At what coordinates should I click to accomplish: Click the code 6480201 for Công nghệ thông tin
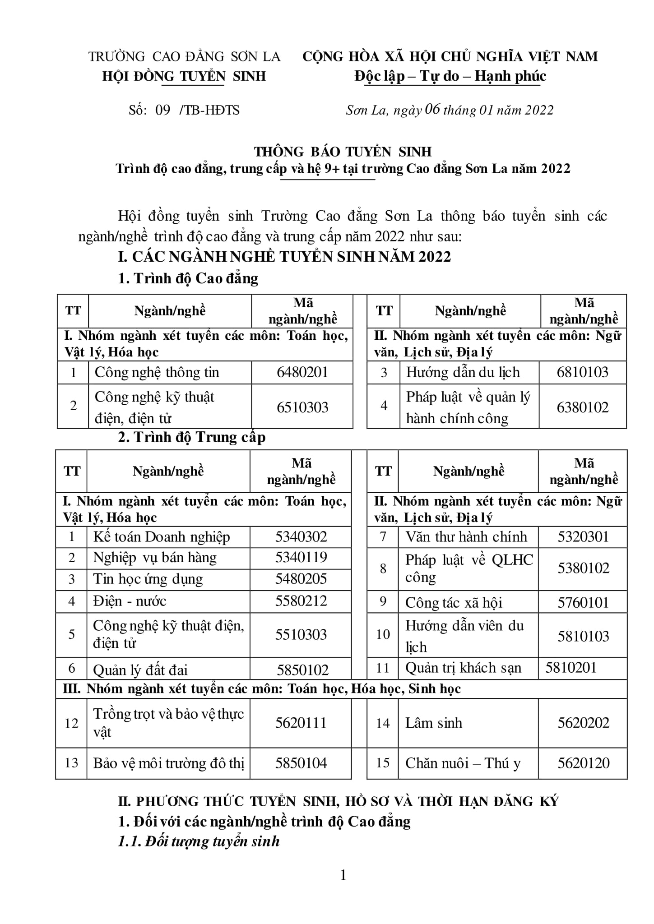pyautogui.click(x=302, y=372)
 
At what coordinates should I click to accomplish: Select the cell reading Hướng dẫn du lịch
pyautogui.click(x=463, y=372)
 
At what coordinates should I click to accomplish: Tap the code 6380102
pyautogui.click(x=582, y=407)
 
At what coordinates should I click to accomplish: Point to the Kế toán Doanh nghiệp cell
pyautogui.click(x=161, y=537)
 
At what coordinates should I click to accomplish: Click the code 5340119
pyautogui.click(x=301, y=558)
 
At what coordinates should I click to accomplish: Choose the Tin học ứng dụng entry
pyautogui.click(x=148, y=579)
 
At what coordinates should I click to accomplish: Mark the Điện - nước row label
pyautogui.click(x=130, y=601)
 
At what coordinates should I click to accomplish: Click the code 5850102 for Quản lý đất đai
pyautogui.click(x=302, y=670)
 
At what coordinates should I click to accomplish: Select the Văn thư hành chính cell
pyautogui.click(x=466, y=537)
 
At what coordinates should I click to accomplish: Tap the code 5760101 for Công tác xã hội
pyautogui.click(x=583, y=603)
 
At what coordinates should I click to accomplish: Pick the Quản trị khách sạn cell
pyautogui.click(x=463, y=668)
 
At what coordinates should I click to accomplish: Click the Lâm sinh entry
pyautogui.click(x=434, y=723)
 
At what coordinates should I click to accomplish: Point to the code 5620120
pyautogui.click(x=583, y=763)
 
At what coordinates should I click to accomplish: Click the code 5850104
pyautogui.click(x=301, y=763)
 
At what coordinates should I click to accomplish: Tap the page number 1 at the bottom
pyautogui.click(x=343, y=876)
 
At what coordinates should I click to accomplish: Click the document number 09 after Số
pyautogui.click(x=162, y=110)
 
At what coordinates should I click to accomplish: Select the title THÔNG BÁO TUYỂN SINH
pyautogui.click(x=343, y=152)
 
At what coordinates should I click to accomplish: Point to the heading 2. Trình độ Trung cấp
pyautogui.click(x=192, y=437)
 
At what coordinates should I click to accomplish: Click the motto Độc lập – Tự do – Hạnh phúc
pyautogui.click(x=450, y=76)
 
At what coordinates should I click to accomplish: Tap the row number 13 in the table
pyautogui.click(x=72, y=763)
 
